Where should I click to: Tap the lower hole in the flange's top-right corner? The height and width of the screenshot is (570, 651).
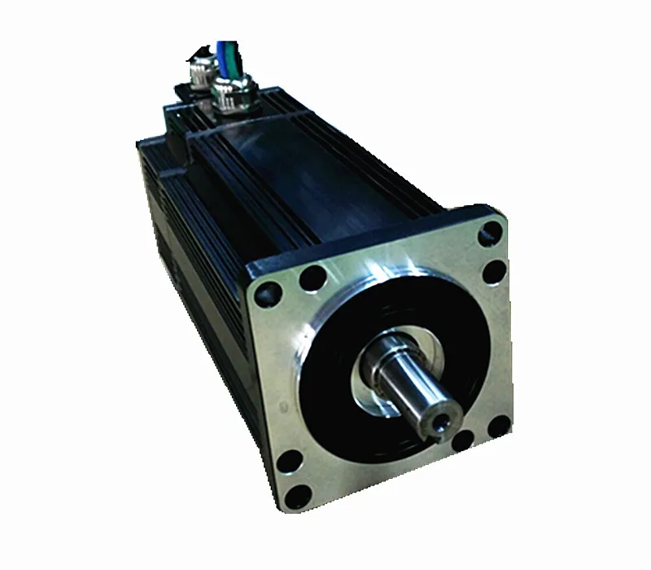pyautogui.click(x=491, y=273)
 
